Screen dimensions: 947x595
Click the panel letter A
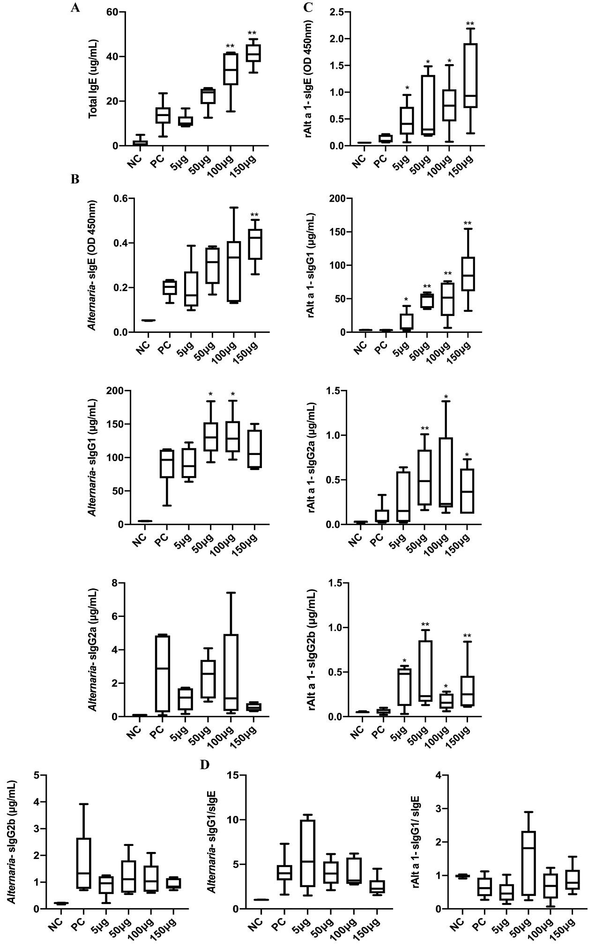coord(74,8)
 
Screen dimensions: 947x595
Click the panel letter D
coord(204,764)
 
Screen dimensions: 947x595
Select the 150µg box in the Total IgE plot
coord(253,53)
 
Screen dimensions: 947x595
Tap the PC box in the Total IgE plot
coord(163,115)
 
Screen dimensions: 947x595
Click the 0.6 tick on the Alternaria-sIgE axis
coord(121,198)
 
